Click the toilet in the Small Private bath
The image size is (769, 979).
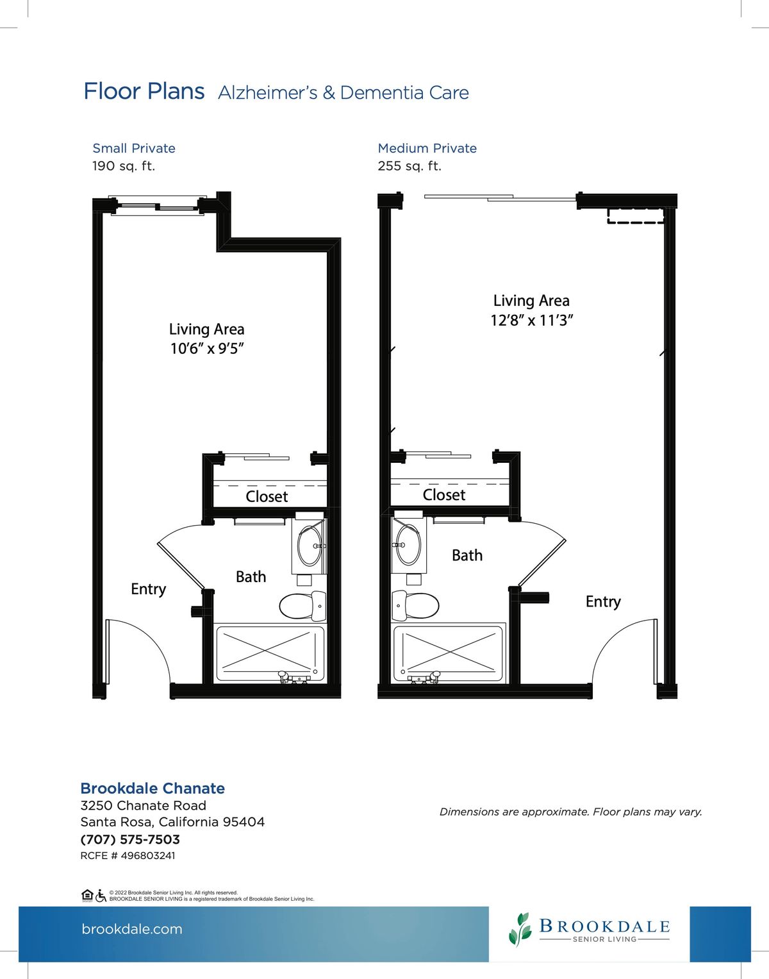point(302,605)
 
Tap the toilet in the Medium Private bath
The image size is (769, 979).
point(415,605)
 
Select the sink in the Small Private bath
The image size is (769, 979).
point(310,546)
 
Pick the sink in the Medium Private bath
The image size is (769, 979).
point(408,545)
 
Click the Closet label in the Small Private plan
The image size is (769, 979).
point(267,496)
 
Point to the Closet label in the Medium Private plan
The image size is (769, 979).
point(444,495)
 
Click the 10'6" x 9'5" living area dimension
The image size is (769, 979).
point(207,348)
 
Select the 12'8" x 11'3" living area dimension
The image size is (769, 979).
point(532,321)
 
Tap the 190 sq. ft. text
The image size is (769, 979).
point(124,166)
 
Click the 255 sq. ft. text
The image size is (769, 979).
point(409,166)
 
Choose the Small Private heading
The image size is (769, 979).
point(134,148)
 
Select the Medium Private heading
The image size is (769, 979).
point(427,148)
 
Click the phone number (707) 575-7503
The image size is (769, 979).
point(130,839)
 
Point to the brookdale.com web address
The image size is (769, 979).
point(132,928)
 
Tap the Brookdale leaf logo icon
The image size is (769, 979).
point(520,929)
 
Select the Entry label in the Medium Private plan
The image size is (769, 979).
point(603,601)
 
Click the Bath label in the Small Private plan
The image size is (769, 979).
point(251,576)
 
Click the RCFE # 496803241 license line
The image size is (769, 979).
point(128,855)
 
